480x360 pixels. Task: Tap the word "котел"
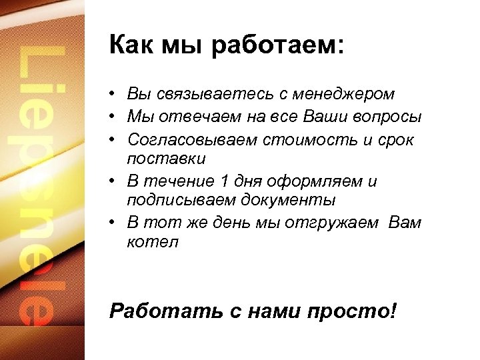(x=153, y=241)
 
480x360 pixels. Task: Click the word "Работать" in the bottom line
(x=159, y=311)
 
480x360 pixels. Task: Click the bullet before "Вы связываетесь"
(x=115, y=95)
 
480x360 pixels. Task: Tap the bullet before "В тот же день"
(x=115, y=223)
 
